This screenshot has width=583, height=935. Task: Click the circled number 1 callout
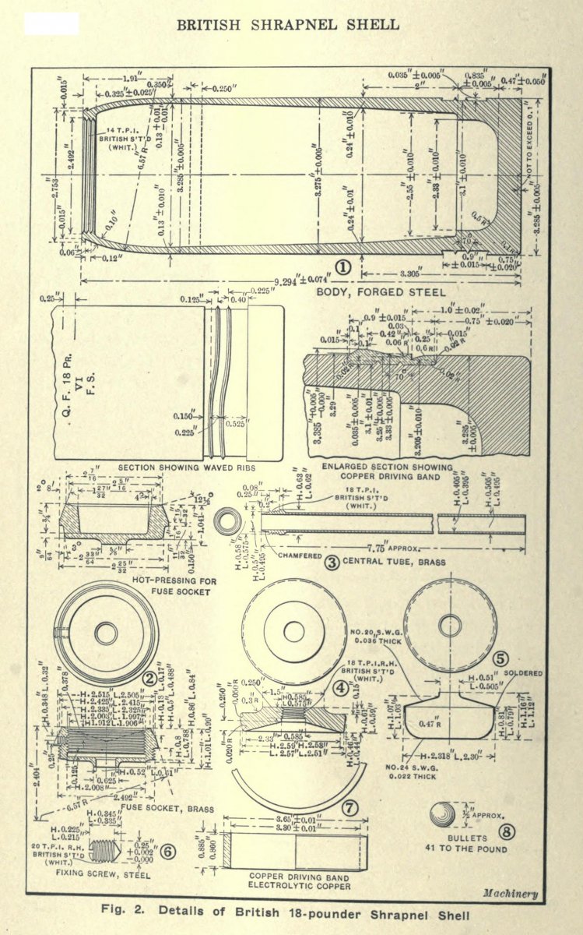pyautogui.click(x=343, y=267)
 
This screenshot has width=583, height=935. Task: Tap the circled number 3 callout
pyautogui.click(x=332, y=562)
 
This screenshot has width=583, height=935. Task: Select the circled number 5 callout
pyautogui.click(x=500, y=658)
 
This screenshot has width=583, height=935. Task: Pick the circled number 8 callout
pyautogui.click(x=505, y=831)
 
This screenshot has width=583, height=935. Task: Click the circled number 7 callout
pyautogui.click(x=350, y=808)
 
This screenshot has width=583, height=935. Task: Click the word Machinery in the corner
pyautogui.click(x=510, y=893)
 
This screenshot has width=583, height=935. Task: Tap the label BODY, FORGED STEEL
pyautogui.click(x=381, y=292)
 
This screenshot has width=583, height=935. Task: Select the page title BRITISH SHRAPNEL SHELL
pyautogui.click(x=288, y=25)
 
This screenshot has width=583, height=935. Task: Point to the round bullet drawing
pyautogui.click(x=443, y=815)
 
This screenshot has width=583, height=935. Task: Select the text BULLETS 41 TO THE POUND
pyautogui.click(x=455, y=842)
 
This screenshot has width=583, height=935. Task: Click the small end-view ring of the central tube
pyautogui.click(x=228, y=523)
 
